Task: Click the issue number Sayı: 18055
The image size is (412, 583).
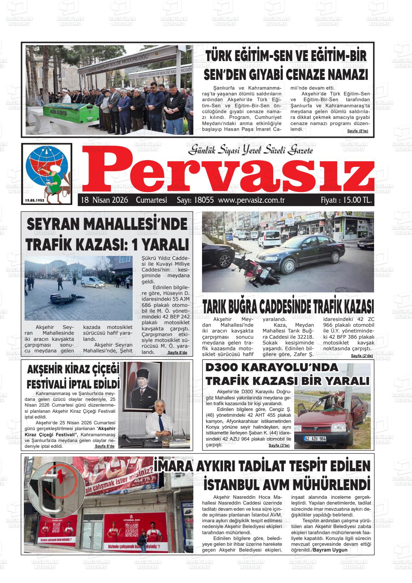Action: pos(195,200)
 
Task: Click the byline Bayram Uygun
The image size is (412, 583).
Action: pos(330,550)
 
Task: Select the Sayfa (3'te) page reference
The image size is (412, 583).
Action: pos(279,445)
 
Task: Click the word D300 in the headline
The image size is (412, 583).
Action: pos(221,368)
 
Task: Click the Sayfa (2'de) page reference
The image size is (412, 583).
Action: pos(361,356)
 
